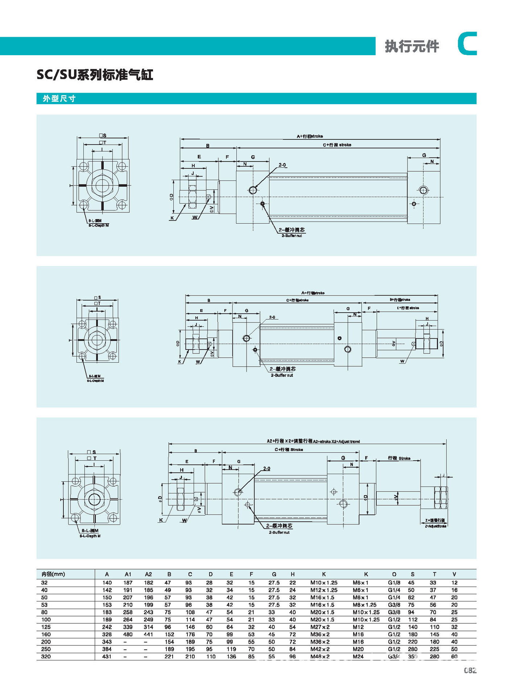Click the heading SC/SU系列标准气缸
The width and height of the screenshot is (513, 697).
[95, 75]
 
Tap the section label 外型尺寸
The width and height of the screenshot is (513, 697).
[59, 99]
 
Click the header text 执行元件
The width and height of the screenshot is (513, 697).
[412, 46]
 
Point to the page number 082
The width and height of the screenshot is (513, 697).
[470, 670]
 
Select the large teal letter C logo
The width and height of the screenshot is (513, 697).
[467, 44]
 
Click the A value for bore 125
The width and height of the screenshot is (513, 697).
[107, 627]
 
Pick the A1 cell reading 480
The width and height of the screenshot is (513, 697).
[128, 634]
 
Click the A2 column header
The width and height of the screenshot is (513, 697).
[148, 574]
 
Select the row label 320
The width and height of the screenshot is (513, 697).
[46, 656]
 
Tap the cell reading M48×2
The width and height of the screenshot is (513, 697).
[320, 656]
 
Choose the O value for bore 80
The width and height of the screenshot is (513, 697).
[394, 612]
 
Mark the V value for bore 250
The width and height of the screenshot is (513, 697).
[454, 649]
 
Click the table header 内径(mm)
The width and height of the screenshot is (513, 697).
[53, 574]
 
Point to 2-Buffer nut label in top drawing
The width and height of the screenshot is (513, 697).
[292, 236]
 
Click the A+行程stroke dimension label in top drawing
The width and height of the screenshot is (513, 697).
[310, 136]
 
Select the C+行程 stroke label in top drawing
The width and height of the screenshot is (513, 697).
[337, 145]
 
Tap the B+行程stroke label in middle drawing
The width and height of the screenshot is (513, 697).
[400, 300]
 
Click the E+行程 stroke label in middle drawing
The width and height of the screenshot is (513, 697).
[408, 308]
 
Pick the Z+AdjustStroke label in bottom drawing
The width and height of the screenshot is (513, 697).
[435, 526]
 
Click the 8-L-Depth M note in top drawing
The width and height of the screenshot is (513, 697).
[99, 225]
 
